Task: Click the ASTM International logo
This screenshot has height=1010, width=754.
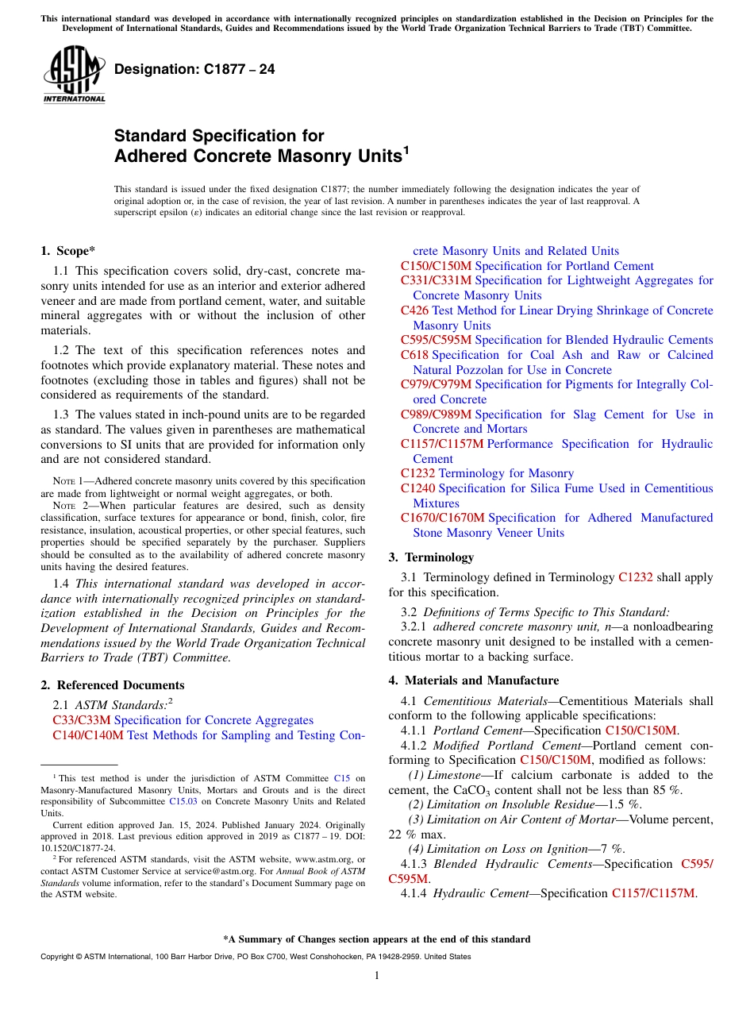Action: tap(74, 75)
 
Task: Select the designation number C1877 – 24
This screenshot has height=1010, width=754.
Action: tap(194, 69)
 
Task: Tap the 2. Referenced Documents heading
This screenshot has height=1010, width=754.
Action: tap(113, 685)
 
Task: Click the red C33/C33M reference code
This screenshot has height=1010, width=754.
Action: tap(82, 720)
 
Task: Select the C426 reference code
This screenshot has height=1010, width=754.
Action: tap(414, 310)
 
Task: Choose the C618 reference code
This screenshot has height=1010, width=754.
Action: tap(414, 355)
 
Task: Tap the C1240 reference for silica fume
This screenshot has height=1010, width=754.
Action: tap(417, 488)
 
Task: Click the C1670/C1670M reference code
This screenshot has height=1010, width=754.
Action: tap(442, 518)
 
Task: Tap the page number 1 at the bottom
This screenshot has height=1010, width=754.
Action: tap(377, 976)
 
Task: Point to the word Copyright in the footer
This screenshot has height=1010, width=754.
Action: tap(60, 957)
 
